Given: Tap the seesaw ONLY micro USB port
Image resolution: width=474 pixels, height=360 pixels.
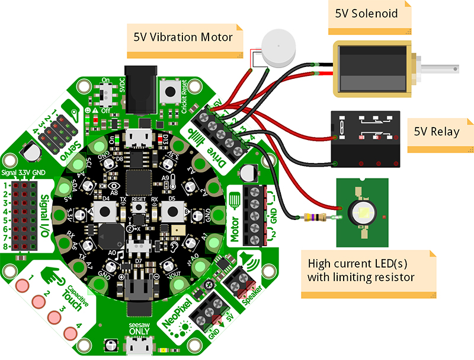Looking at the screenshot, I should pyautogui.click(x=134, y=346).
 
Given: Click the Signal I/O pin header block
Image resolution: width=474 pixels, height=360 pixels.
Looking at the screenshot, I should pyautogui.click(x=22, y=215).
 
